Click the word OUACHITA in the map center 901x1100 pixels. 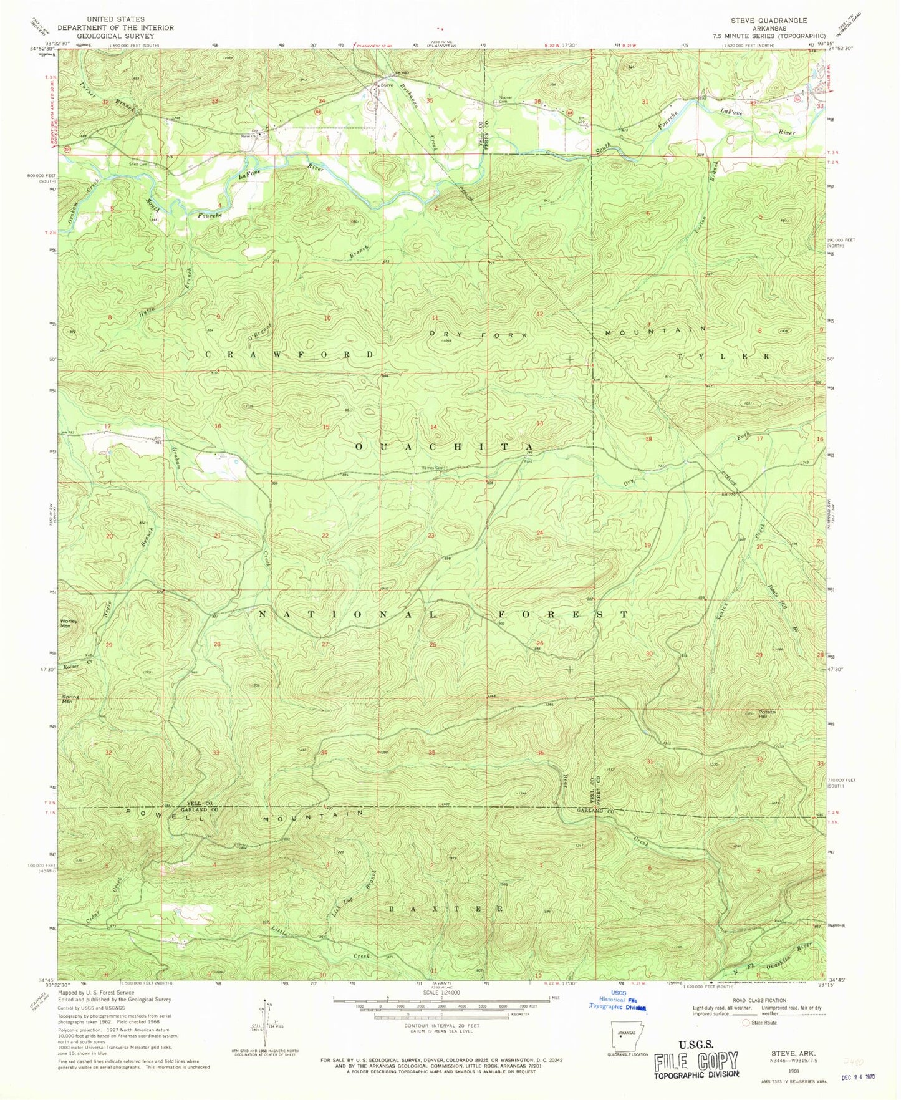[444, 447]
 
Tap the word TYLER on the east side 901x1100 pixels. [723, 355]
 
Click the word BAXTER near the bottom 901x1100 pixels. [445, 909]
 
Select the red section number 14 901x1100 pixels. [433, 427]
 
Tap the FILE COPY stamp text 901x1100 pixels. [696, 1060]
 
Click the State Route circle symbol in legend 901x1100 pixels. [746, 1023]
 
